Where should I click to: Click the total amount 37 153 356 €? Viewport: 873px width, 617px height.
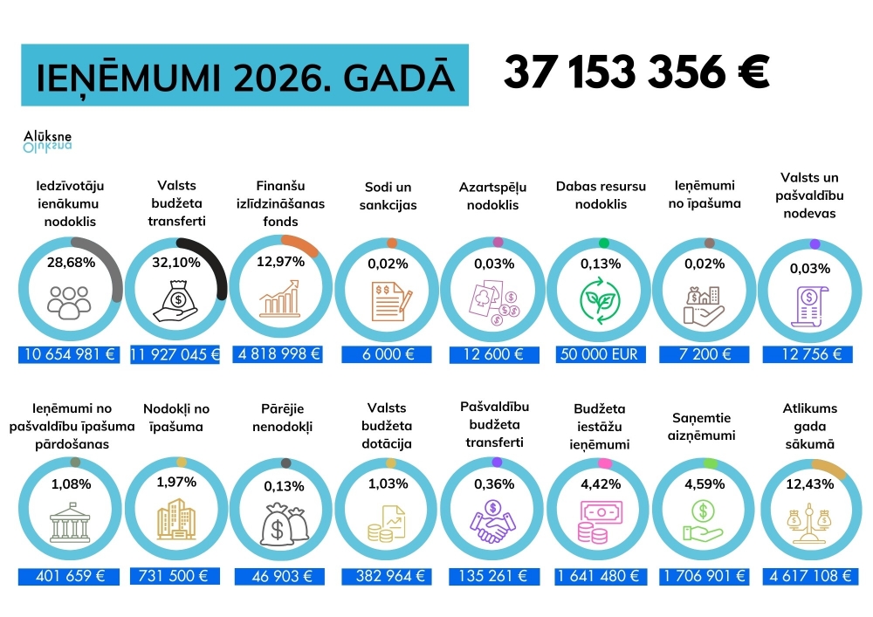(x=636, y=72)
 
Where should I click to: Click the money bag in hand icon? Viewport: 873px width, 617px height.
(x=177, y=299)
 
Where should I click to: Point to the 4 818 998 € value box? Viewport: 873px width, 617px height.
(x=278, y=354)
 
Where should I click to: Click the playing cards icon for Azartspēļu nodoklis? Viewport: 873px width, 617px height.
(x=493, y=301)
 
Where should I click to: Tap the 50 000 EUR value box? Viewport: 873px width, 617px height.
(x=601, y=354)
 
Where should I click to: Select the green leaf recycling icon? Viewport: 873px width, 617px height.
(x=601, y=300)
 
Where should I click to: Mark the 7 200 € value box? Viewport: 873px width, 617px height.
(x=705, y=354)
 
